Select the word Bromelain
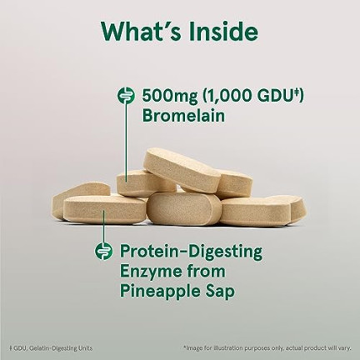pos(183,115)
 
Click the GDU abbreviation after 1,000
pos(275,95)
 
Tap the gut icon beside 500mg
pos(126,96)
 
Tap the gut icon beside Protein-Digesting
pos(104,251)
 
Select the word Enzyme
pos(149,272)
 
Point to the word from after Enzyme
pos(205,272)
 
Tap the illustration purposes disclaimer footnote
pos(267,347)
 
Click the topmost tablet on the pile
pos(182,170)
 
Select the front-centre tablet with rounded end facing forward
pos(183,209)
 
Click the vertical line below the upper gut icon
pos(126,142)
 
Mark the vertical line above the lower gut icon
pos(104,227)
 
